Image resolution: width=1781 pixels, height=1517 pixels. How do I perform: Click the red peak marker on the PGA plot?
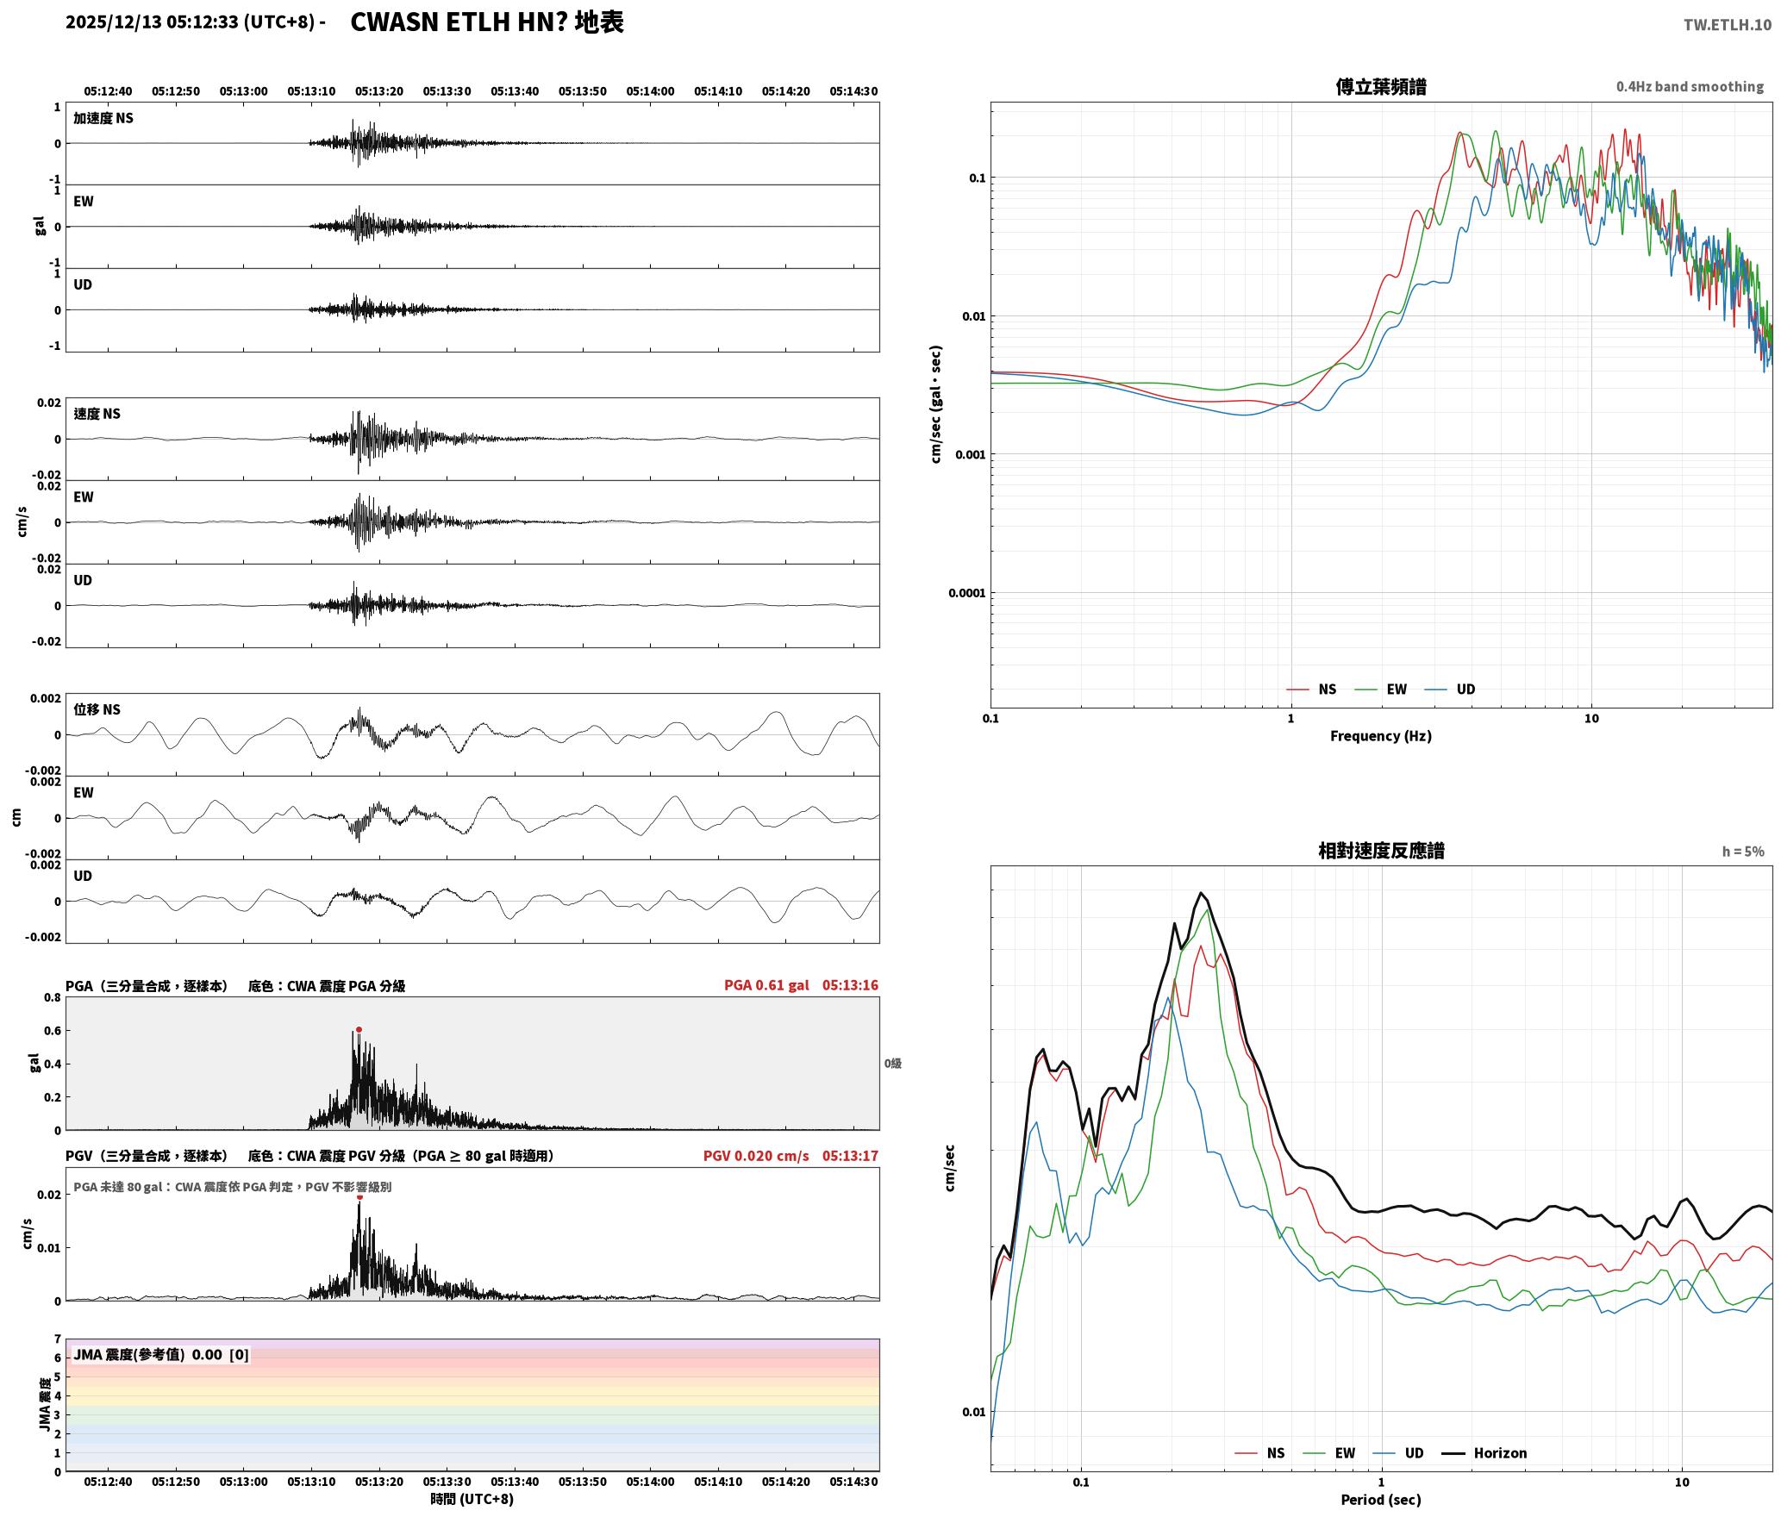click(359, 1029)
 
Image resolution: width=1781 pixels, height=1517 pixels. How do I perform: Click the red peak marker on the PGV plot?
click(359, 1196)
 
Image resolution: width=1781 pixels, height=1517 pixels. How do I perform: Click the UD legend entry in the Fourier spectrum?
click(1450, 690)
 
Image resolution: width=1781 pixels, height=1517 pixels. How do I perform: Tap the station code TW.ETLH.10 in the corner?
click(1728, 24)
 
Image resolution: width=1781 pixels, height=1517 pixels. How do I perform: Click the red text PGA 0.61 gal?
click(766, 985)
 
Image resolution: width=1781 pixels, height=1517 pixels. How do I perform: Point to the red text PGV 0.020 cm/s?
click(756, 1156)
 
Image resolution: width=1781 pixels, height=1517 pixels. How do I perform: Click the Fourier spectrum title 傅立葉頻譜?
click(1381, 86)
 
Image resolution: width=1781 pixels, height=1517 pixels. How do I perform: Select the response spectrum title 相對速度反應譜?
click(1381, 851)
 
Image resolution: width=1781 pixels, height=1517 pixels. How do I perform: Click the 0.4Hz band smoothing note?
click(1690, 87)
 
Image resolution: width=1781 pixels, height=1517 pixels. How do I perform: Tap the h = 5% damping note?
click(1743, 852)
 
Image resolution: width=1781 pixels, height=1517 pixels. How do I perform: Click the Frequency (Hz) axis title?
click(1381, 736)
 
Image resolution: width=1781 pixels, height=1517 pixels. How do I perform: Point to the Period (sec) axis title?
click(1381, 1500)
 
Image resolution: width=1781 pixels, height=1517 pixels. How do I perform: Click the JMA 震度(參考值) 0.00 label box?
click(161, 1355)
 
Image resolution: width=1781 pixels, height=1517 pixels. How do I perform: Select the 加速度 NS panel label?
click(103, 118)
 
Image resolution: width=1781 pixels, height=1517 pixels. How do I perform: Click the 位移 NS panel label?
click(97, 709)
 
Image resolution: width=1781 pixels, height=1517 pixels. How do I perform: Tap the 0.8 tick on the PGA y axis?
click(52, 998)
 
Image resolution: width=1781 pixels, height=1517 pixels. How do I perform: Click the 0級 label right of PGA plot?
click(893, 1064)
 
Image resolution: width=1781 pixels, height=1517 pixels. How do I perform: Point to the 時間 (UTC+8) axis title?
click(472, 1500)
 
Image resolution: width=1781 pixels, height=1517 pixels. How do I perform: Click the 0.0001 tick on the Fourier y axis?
click(966, 593)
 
